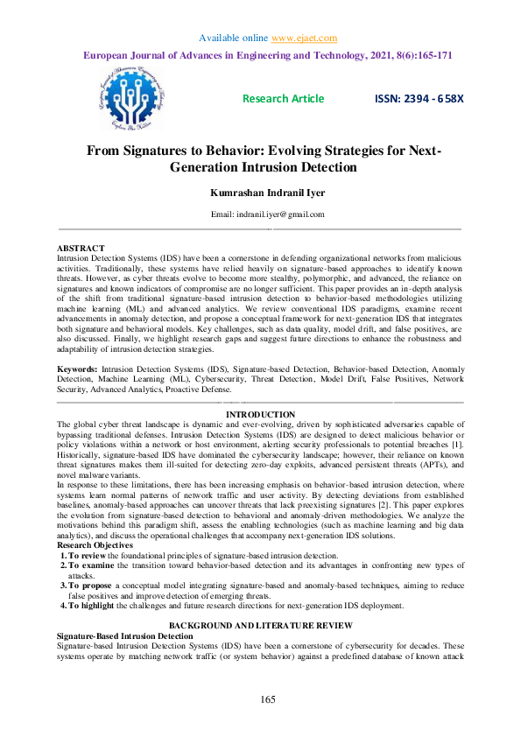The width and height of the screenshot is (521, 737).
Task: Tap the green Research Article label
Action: (283, 99)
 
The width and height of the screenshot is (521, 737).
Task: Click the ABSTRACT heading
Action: (81, 249)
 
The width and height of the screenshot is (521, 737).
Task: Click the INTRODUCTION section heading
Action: (260, 414)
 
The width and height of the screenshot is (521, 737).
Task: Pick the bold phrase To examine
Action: (89, 543)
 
